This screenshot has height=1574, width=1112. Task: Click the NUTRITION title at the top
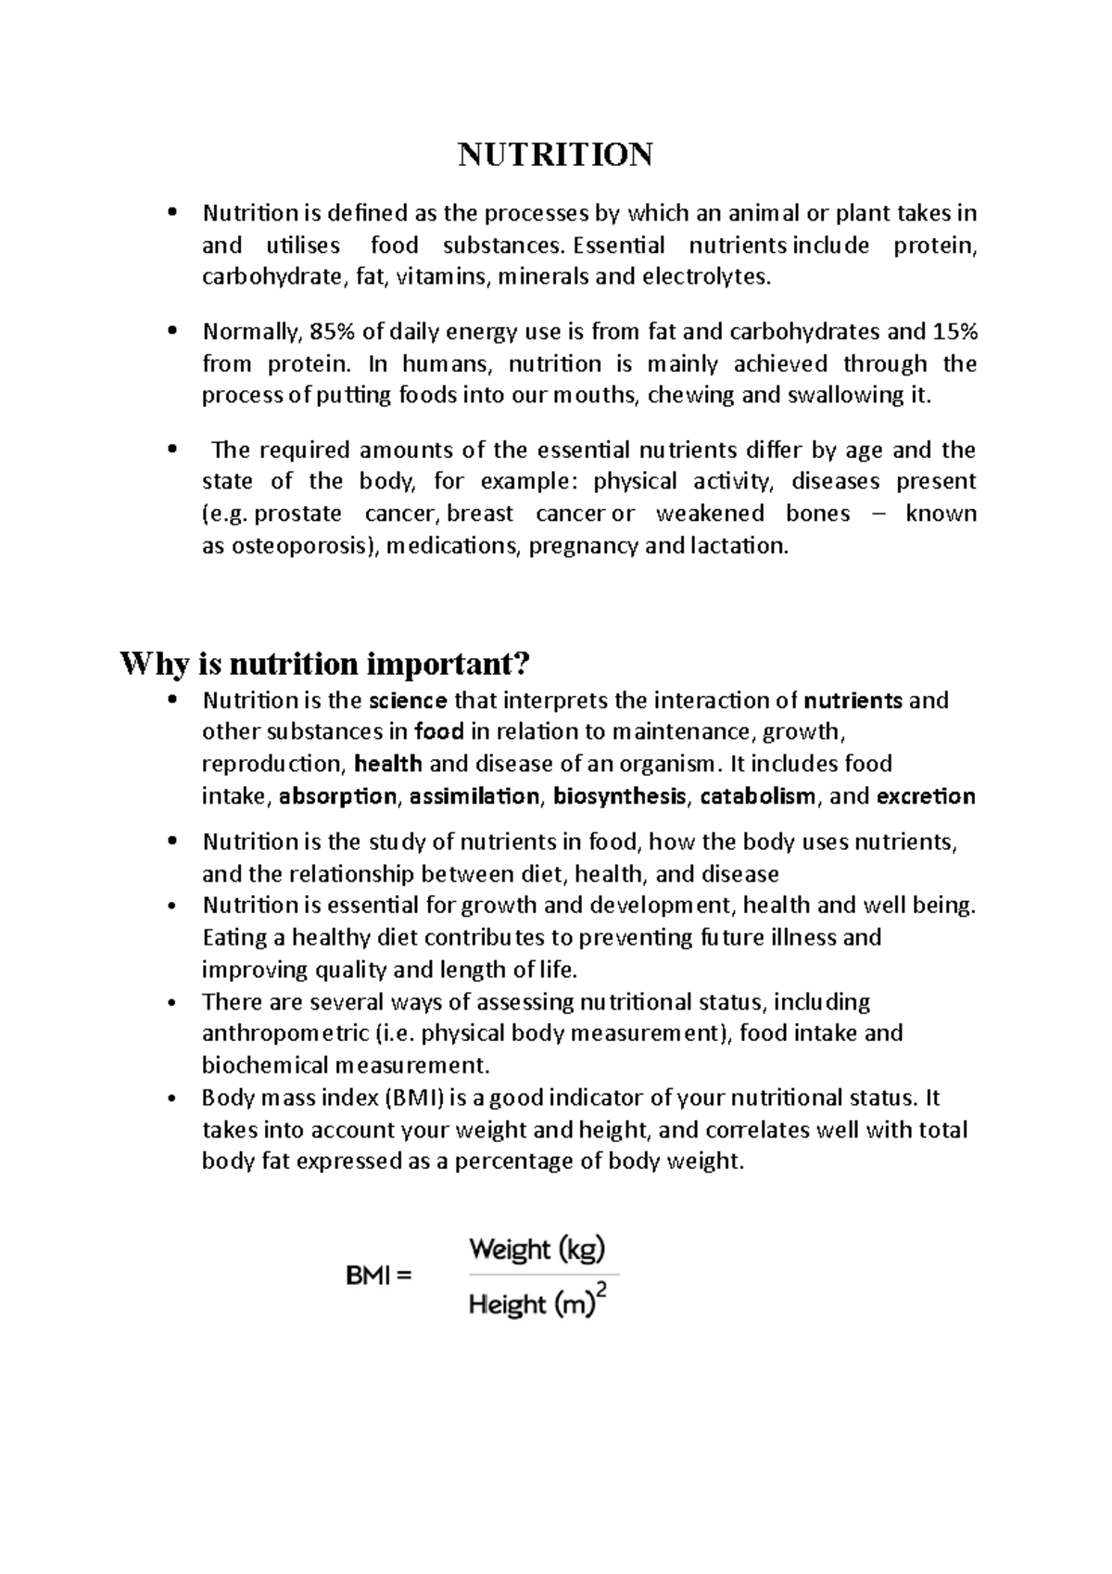(555, 154)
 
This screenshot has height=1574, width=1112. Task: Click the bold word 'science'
(408, 700)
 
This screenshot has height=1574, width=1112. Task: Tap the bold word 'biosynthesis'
(620, 796)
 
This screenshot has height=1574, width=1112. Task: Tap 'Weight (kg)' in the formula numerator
(537, 1250)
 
